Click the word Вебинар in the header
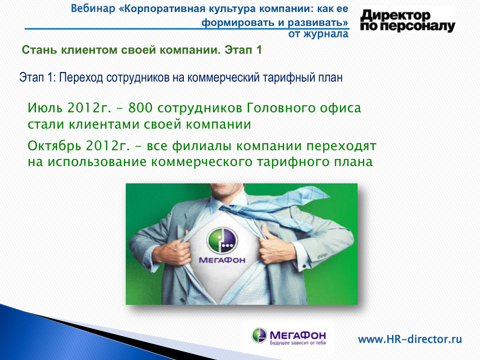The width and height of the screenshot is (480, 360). [x=93, y=9]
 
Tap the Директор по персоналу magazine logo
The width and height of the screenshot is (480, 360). [x=408, y=21]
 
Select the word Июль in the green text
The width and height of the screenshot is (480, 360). [x=45, y=108]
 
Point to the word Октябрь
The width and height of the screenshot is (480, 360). [x=55, y=146]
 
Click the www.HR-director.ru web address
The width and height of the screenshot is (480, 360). [x=410, y=339]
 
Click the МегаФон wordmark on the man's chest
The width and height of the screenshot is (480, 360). [x=222, y=260]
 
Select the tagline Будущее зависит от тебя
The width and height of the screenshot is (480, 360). [x=298, y=343]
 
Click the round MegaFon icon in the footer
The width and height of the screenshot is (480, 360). [x=259, y=335]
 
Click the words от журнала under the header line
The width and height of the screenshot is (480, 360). [x=318, y=34]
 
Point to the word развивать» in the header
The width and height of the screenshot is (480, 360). [x=318, y=23]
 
